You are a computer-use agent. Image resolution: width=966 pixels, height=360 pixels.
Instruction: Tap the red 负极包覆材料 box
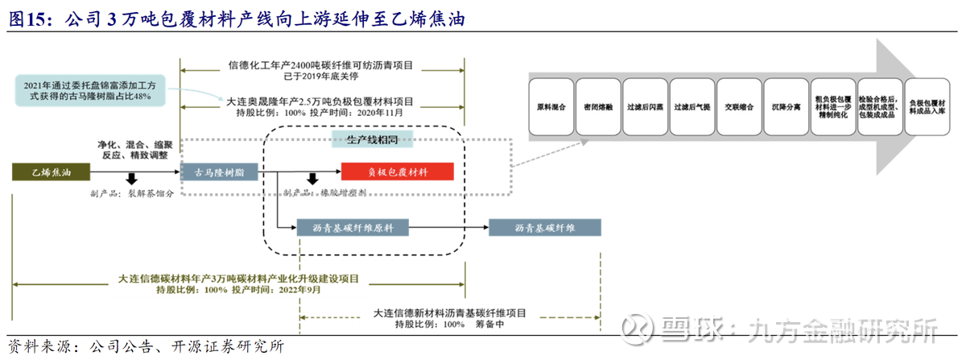398,172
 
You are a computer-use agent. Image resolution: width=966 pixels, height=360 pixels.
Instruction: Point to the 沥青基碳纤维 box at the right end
545,228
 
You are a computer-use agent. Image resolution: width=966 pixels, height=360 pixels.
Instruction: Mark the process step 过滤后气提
691,106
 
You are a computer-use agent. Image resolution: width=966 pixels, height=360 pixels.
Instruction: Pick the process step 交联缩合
738,106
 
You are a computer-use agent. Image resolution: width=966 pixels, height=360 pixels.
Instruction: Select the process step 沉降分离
785,106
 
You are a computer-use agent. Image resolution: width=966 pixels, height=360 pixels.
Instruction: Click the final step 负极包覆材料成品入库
926,106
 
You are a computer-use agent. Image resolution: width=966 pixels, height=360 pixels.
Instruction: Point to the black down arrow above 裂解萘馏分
131,178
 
